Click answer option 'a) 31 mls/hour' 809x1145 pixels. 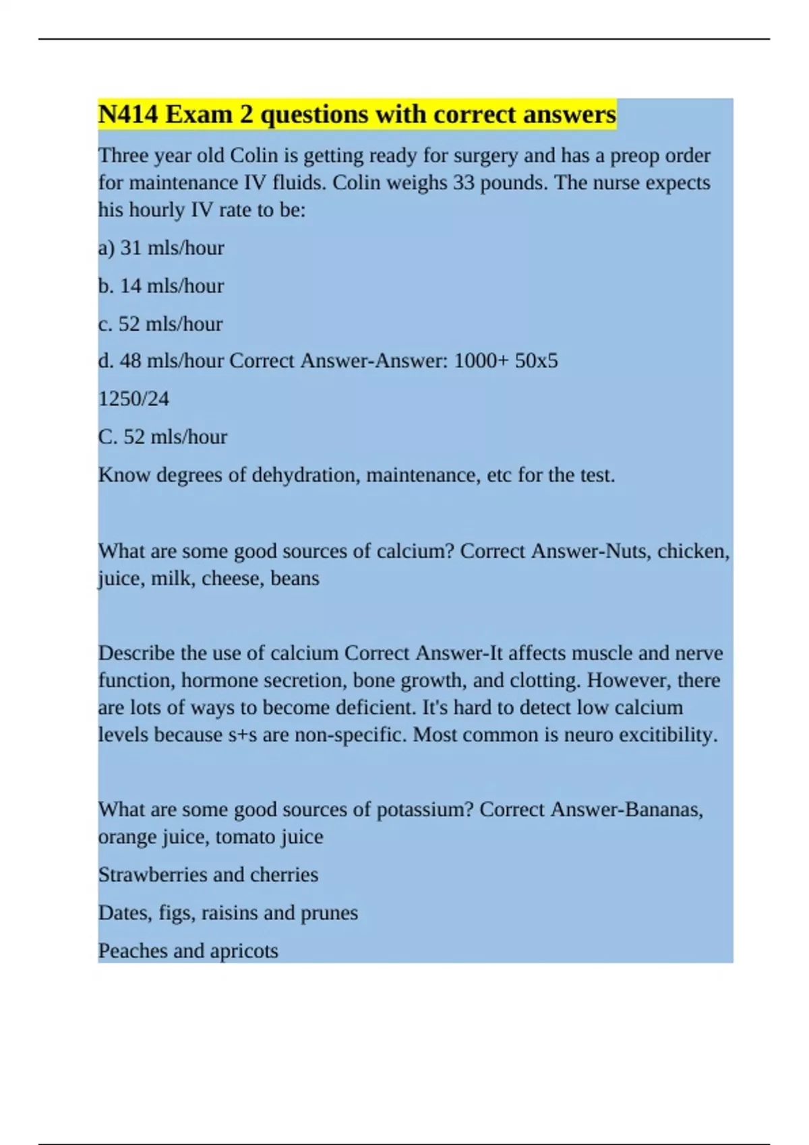(161, 248)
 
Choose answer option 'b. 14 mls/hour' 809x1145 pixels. (161, 286)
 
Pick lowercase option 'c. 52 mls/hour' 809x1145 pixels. (160, 324)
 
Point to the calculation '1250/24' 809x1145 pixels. (133, 399)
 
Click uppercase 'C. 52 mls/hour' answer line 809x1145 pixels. (162, 437)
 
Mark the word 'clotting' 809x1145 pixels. (544, 680)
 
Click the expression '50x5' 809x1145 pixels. (536, 361)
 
